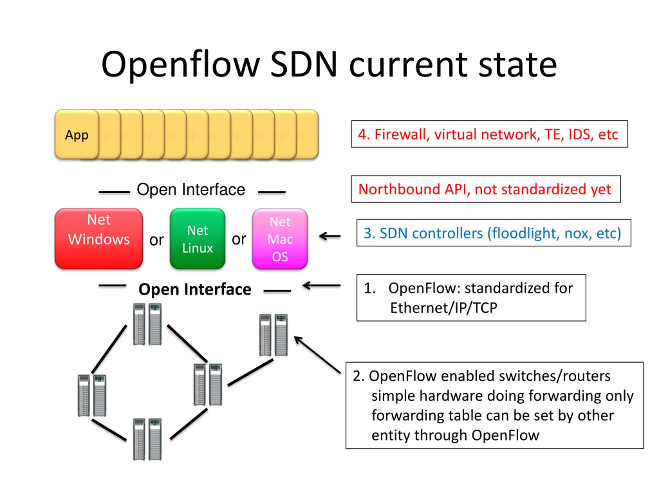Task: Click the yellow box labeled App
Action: (x=76, y=135)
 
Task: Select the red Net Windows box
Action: (x=99, y=238)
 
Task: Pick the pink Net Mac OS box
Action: (x=280, y=239)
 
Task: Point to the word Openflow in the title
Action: (x=180, y=65)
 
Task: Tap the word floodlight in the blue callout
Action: (x=523, y=233)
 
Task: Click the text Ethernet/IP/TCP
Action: (x=444, y=308)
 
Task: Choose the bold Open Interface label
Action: (x=195, y=289)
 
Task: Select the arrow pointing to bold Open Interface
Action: (x=322, y=286)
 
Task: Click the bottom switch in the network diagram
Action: (x=147, y=439)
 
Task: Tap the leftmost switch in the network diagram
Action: (x=92, y=395)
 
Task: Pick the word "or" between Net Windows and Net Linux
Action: (x=157, y=240)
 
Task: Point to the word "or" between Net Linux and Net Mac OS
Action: (x=239, y=239)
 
